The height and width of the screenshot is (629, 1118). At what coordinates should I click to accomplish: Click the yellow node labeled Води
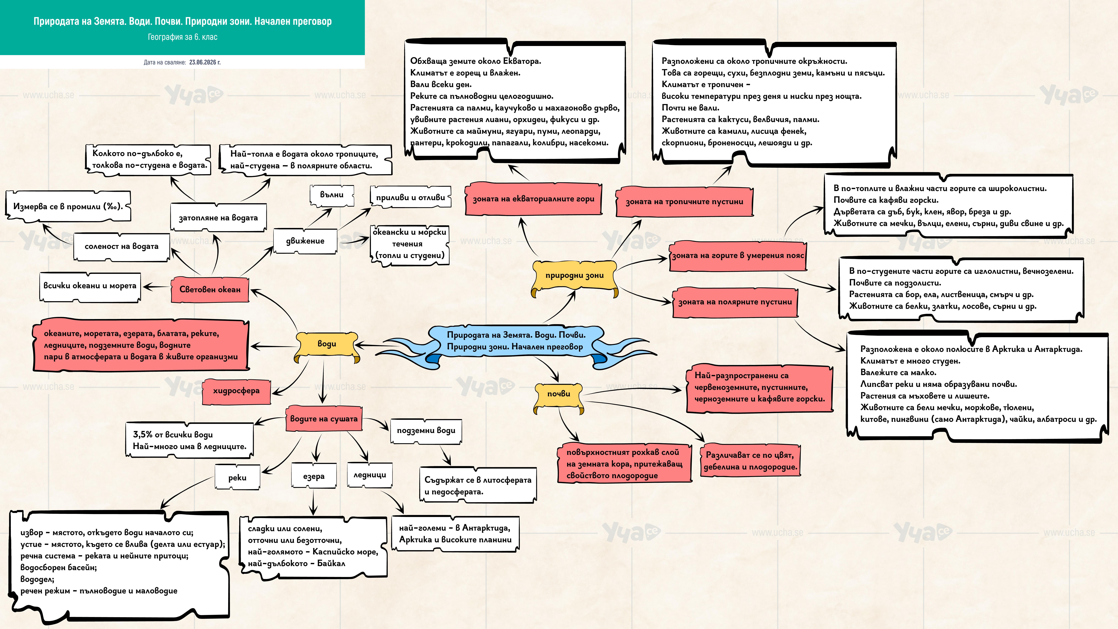pos(327,346)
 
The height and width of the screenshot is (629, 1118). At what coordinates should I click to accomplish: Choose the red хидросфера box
pos(237,391)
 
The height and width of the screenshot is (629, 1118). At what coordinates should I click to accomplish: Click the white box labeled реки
pos(237,478)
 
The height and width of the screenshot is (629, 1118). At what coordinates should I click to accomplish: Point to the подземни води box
pos(426,431)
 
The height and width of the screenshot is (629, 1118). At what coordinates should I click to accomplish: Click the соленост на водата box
pos(122,247)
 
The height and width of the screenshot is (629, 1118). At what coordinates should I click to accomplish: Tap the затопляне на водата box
pos(218,217)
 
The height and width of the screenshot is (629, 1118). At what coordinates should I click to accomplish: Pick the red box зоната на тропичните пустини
pos(684,201)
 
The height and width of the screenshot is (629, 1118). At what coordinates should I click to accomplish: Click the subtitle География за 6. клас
pos(183,37)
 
